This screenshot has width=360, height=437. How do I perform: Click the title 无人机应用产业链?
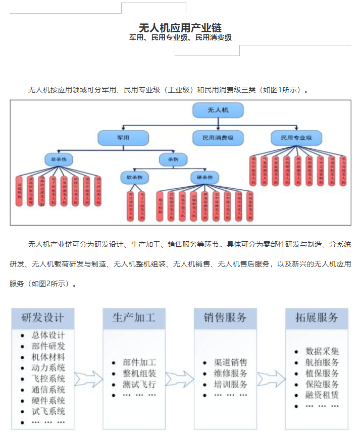[180, 27]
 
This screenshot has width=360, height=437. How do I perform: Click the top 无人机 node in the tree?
[218, 110]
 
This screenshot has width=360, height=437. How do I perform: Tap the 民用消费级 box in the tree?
[218, 137]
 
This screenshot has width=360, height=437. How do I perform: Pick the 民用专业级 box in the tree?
[295, 137]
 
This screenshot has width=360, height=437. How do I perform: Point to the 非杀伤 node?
[59, 160]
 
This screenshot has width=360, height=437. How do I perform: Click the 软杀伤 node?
[134, 177]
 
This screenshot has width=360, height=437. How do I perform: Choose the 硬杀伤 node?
[205, 177]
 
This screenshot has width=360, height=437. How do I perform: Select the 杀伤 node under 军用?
[166, 160]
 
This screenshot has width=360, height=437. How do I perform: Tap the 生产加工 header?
[134, 318]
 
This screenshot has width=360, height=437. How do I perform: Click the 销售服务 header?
[225, 318]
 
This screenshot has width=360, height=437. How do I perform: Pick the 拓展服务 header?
[317, 318]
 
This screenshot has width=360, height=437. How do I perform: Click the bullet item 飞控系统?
[48, 378]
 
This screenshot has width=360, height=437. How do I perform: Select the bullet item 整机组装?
[139, 373]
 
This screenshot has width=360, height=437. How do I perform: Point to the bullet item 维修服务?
[231, 373]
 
